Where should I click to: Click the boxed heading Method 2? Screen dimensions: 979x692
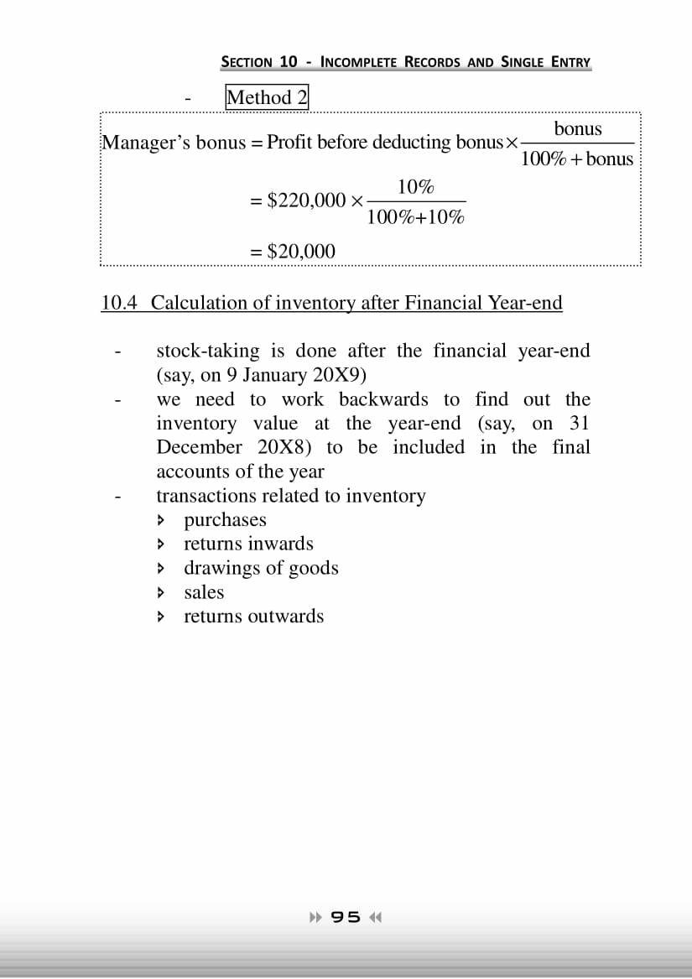[267, 97]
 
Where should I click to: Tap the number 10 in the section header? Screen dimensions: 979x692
[289, 61]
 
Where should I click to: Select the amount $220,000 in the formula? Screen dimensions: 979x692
[305, 200]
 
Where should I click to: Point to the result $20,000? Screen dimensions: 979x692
[300, 251]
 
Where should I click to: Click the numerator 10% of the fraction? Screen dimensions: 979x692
[415, 186]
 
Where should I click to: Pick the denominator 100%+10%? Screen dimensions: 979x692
[415, 217]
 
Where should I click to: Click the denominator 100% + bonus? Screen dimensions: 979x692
[577, 159]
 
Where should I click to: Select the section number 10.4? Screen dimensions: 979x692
[118, 302]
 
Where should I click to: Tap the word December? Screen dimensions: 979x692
[199, 447]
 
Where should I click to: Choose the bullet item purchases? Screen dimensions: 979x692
[225, 520]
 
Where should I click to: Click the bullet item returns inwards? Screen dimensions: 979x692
[248, 544]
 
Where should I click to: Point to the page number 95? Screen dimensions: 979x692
[346, 917]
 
